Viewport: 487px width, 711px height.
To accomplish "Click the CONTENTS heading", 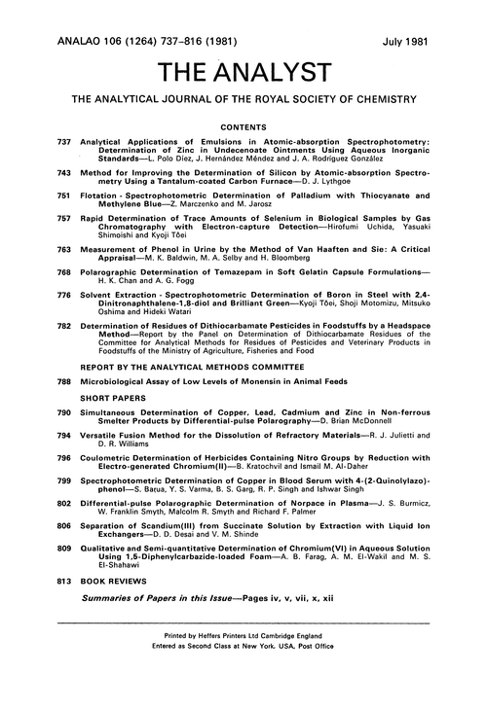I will pos(243,126).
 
